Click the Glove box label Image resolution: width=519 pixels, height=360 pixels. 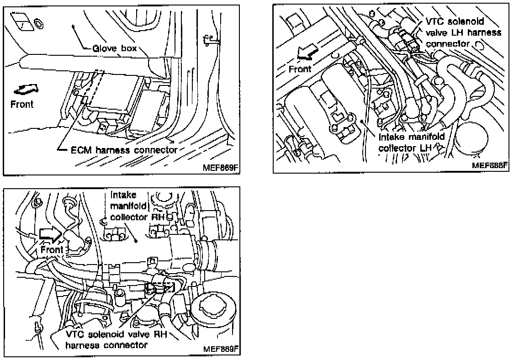[x=115, y=48]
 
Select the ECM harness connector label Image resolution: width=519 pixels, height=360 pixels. [x=124, y=150]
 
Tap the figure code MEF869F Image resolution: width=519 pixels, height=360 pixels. [x=220, y=167]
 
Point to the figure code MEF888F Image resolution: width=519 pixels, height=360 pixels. [x=490, y=165]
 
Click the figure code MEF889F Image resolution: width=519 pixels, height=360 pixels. [x=221, y=349]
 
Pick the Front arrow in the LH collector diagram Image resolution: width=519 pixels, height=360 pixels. [x=307, y=53]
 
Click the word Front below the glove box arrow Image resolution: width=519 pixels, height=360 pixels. [x=22, y=105]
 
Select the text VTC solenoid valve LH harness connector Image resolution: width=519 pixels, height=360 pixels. [x=463, y=32]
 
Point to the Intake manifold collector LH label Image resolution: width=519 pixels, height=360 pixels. [x=412, y=142]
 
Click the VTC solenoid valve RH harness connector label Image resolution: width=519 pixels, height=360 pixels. [x=116, y=340]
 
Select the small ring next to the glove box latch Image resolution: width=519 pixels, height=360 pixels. [x=39, y=24]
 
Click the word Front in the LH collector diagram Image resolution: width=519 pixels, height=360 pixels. [x=300, y=69]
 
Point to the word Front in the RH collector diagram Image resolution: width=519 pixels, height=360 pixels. [x=52, y=250]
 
